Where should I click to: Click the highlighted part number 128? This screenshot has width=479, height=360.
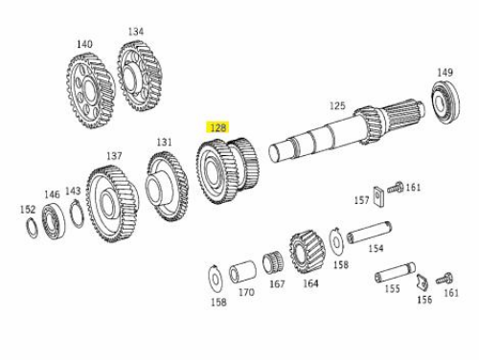(218, 127)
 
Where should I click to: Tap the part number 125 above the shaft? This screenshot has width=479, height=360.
(337, 105)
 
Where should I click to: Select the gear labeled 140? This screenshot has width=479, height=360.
(91, 91)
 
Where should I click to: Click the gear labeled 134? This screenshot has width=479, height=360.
(140, 76)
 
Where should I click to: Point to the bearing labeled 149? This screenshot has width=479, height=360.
(445, 101)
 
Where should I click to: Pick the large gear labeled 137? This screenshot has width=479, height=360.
(112, 203)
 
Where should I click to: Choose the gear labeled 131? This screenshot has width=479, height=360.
(167, 187)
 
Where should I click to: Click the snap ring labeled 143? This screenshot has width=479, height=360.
(77, 214)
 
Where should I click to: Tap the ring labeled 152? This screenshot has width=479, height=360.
(32, 227)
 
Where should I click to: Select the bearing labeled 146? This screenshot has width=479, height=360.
(54, 219)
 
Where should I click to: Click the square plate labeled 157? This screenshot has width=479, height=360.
(378, 197)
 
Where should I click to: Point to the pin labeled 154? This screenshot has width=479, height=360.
(370, 233)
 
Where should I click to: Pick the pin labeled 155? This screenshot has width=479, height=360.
(396, 272)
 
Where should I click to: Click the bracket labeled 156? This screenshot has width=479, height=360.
(422, 282)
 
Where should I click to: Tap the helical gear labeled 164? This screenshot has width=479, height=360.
(307, 251)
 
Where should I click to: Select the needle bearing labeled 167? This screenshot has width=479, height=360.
(272, 261)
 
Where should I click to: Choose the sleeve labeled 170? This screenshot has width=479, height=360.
(242, 272)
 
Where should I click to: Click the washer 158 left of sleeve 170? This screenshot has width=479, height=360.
(216, 280)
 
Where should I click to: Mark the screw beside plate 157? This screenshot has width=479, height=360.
(396, 187)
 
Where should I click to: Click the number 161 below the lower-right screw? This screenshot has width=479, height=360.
(451, 292)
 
